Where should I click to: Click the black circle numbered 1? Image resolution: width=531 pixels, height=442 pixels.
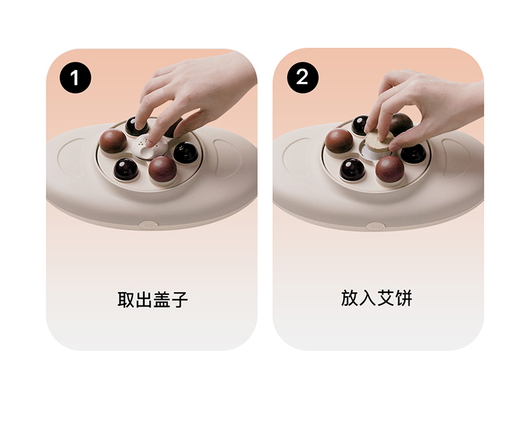(x=75, y=77)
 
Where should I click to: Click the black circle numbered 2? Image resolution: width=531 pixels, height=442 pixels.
(x=302, y=77)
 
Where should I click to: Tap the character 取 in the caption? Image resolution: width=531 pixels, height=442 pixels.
(x=126, y=300)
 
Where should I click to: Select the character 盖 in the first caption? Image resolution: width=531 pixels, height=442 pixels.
(x=161, y=300)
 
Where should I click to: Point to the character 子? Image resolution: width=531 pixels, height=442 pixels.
(x=179, y=300)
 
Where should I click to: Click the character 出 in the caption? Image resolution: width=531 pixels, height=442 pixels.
(x=144, y=300)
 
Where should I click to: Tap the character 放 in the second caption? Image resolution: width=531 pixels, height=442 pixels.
(x=350, y=298)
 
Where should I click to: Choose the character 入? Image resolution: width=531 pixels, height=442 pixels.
(x=368, y=298)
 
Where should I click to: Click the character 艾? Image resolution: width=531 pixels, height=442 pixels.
(x=386, y=298)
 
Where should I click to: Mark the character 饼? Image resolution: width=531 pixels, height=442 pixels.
(x=404, y=298)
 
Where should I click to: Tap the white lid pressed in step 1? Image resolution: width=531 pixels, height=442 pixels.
(x=150, y=147)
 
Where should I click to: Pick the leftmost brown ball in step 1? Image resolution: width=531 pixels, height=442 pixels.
(x=113, y=141)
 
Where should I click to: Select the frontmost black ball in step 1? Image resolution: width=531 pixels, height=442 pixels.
(x=126, y=169)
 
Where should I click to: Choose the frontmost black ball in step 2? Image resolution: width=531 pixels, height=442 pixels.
(x=352, y=169)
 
